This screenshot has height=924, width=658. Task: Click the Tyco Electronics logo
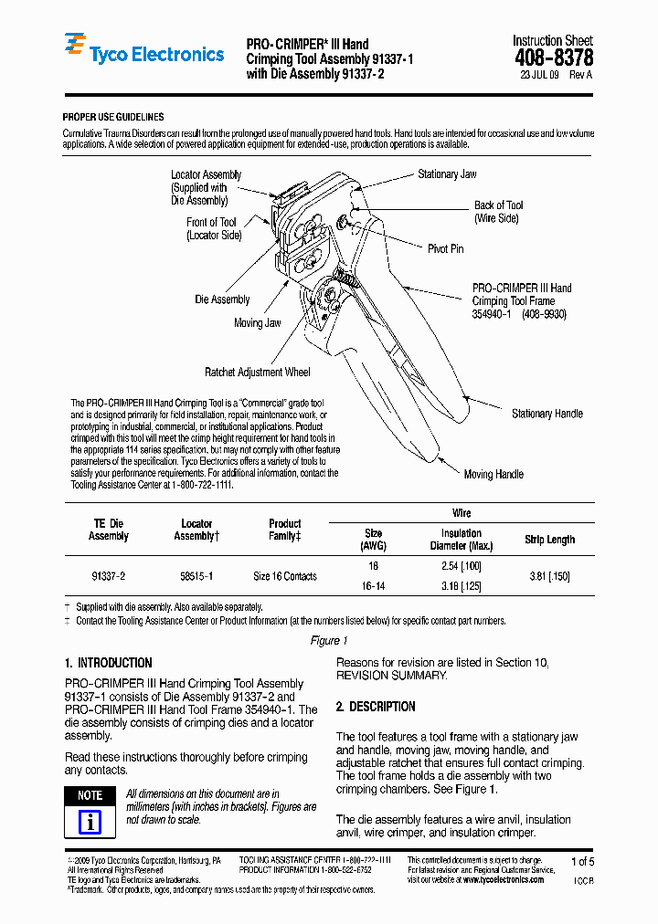tap(143, 54)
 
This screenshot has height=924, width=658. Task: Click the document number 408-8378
tap(553, 58)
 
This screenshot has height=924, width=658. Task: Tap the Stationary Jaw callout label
tap(447, 174)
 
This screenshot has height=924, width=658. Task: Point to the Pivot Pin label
tap(445, 248)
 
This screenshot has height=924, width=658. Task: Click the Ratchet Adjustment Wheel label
tap(257, 372)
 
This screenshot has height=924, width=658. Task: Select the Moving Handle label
tap(493, 474)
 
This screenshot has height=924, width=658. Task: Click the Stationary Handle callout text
tap(547, 414)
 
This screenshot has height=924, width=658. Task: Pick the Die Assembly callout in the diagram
tap(222, 299)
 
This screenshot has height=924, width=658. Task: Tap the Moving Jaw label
tap(257, 323)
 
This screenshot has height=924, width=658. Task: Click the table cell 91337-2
tap(109, 576)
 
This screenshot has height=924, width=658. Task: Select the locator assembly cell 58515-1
tap(196, 576)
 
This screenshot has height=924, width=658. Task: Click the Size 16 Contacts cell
tap(285, 576)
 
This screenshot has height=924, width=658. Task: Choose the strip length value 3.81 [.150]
tap(549, 576)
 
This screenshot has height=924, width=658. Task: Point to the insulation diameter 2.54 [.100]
tap(461, 567)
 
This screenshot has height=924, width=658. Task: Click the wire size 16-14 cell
tap(373, 585)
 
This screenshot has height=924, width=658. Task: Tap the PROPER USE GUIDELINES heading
tap(113, 117)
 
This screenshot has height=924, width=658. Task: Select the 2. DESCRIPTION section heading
tap(376, 707)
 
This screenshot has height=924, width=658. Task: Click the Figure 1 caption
tap(328, 641)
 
